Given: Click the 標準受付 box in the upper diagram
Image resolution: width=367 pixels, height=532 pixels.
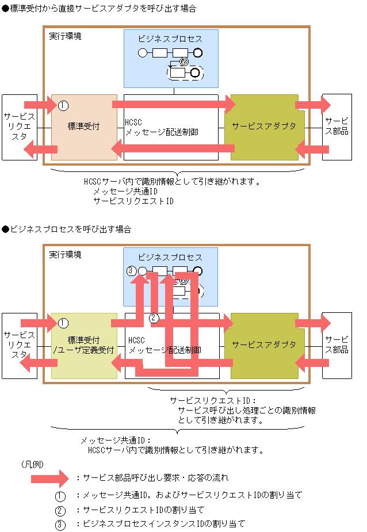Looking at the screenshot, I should point(84,127).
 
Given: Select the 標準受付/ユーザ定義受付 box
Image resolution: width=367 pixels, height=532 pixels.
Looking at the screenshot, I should point(84,345).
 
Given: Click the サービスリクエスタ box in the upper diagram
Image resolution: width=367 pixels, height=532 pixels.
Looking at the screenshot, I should point(19,127).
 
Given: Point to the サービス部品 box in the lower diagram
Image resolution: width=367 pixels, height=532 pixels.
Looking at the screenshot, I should point(337,345).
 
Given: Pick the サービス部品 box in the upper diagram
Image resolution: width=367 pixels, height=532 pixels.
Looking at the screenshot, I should point(337,127).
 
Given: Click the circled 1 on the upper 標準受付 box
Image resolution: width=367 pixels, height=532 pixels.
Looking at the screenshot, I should point(63,105).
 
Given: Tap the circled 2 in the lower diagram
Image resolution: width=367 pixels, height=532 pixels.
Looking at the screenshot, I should point(154,317).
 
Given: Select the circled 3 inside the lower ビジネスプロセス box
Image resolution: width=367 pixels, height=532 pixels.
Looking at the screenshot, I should point(131,270).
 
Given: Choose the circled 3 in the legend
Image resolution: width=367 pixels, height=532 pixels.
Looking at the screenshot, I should point(61,524).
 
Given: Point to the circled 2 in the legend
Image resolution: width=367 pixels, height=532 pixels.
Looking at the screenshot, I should point(61,510).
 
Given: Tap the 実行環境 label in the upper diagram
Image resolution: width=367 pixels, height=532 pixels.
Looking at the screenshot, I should point(65,36).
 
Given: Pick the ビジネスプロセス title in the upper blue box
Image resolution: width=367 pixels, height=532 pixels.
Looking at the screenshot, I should point(170,39).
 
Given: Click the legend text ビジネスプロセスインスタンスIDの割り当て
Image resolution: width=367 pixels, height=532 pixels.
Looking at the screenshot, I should point(164,524).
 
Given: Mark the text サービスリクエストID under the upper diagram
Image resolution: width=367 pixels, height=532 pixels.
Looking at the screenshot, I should point(133,201).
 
